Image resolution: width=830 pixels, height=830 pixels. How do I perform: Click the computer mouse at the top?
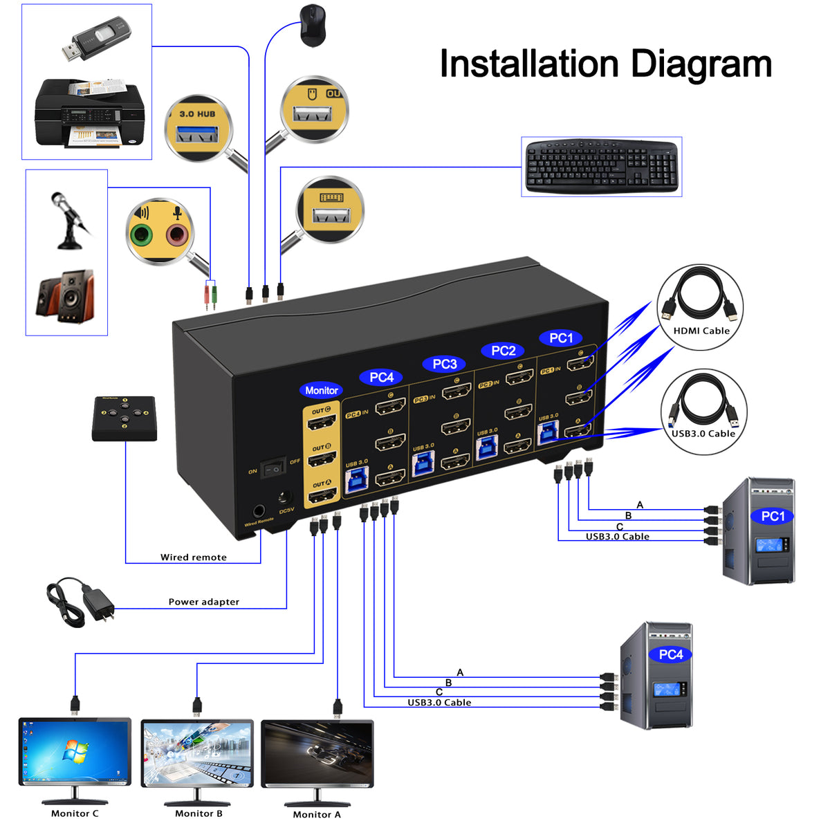313,26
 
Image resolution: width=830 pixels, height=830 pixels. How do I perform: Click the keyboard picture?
601,167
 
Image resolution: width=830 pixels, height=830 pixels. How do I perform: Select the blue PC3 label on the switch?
444,364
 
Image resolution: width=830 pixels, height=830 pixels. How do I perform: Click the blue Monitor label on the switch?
322,390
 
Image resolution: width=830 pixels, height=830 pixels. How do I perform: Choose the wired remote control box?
124,418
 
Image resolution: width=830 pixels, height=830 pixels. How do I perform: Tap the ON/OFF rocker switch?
273,468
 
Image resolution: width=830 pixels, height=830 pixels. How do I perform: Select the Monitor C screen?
75,752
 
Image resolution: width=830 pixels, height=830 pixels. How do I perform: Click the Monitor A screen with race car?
317,753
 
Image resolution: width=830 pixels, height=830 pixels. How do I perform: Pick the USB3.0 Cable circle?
703,412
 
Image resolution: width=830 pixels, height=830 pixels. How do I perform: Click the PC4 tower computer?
656,676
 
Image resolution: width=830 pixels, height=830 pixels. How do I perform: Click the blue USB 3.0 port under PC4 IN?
357,480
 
